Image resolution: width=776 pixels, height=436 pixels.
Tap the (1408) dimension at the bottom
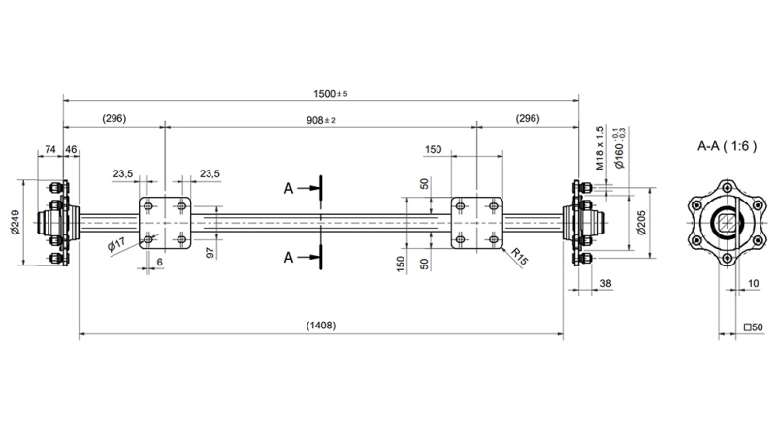(x=320, y=326)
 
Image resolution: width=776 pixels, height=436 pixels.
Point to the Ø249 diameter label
(x=15, y=224)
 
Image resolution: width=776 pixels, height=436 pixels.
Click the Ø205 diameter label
(x=641, y=224)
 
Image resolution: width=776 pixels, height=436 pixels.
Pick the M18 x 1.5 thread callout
(x=600, y=147)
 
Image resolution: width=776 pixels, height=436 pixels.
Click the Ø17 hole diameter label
(x=116, y=245)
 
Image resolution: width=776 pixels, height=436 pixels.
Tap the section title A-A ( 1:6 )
(x=726, y=146)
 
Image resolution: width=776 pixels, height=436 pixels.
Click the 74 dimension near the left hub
(x=49, y=150)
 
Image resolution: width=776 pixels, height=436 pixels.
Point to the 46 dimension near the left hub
(x=71, y=150)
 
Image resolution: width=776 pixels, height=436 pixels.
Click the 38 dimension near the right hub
(x=606, y=284)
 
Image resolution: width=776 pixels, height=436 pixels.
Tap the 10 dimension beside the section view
(x=755, y=284)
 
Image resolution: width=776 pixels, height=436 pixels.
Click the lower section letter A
(x=289, y=257)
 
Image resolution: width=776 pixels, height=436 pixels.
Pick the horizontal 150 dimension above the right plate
(x=434, y=150)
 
